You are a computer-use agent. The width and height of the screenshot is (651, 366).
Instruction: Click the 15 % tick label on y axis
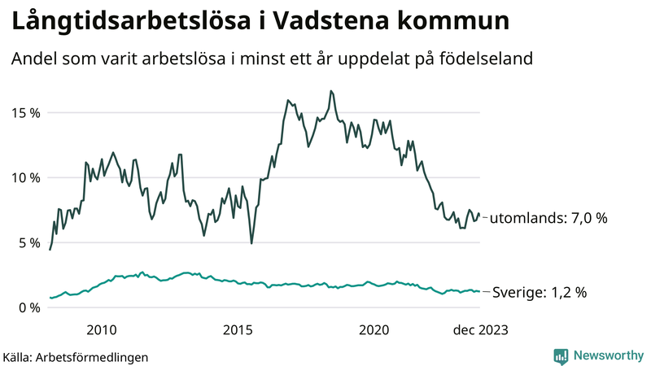coord(24,112)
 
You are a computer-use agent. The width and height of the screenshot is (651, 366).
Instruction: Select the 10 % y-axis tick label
coord(24,177)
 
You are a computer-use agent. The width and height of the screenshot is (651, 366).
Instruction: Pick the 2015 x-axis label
coord(238,330)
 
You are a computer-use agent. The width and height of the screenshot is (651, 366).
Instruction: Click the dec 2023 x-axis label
coord(481,330)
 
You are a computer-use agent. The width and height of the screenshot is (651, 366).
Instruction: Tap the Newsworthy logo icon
coord(561,355)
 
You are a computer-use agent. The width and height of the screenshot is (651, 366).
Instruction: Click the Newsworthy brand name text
coord(607,355)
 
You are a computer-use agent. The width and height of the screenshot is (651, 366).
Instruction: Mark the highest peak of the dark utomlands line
coord(331,91)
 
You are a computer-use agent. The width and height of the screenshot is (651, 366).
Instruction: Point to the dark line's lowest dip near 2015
coord(251,242)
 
